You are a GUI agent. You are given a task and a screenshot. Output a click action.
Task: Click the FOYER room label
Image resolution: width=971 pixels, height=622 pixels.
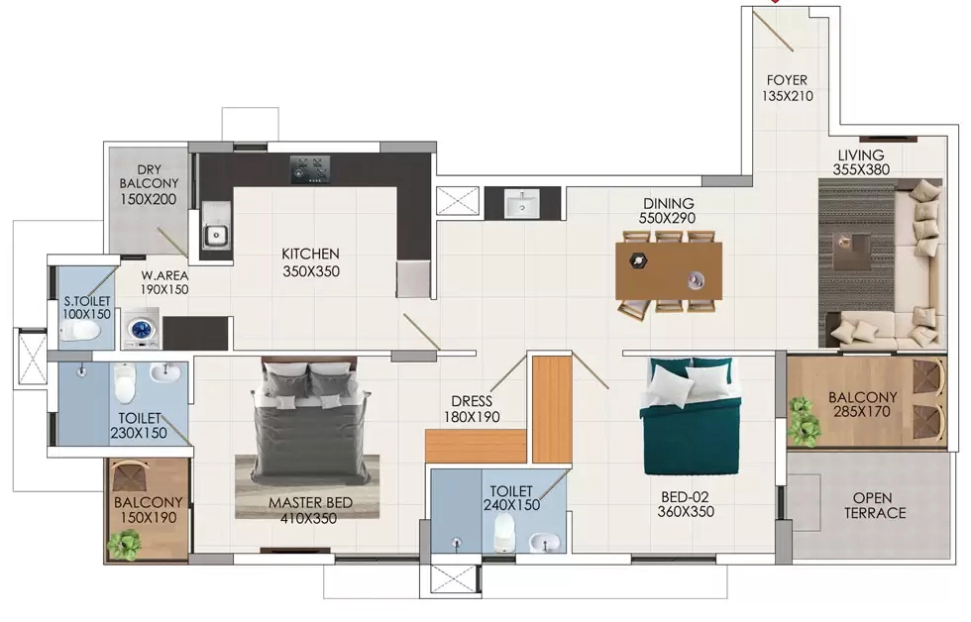[x=787, y=80]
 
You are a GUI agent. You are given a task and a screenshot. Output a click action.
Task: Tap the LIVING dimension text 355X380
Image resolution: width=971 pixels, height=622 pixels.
[x=861, y=169]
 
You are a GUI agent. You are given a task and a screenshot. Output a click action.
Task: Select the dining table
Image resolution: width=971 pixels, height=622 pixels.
[x=669, y=271]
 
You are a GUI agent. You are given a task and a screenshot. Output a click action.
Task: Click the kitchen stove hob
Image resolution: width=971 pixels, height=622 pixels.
[x=310, y=169]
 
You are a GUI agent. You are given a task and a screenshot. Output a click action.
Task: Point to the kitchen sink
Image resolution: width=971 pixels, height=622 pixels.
[x=216, y=235]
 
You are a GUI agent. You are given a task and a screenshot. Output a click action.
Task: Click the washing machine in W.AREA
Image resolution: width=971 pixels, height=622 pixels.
[x=140, y=328]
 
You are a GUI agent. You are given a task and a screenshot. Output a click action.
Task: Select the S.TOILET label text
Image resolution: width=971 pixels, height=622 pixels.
[x=87, y=301]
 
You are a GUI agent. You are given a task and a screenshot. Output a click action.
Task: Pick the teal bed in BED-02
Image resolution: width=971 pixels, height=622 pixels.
[x=690, y=416]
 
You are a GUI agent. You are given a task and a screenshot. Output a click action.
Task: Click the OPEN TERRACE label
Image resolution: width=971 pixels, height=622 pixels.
[x=874, y=506]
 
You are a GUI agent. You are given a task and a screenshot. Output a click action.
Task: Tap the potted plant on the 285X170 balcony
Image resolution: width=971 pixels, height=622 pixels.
[x=803, y=421]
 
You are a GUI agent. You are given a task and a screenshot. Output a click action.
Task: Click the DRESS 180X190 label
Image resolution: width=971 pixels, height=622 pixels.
[x=472, y=409]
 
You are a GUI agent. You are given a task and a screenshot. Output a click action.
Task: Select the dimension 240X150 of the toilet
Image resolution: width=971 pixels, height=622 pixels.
[x=511, y=505]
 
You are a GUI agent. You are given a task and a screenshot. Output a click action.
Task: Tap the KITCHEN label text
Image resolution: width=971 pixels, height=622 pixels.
[x=310, y=254]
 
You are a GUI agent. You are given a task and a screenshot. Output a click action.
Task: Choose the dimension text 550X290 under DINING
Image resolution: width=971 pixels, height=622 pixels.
[x=668, y=218]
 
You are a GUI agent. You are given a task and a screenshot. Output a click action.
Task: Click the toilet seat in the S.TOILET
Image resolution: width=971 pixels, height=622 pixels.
[x=80, y=332]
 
